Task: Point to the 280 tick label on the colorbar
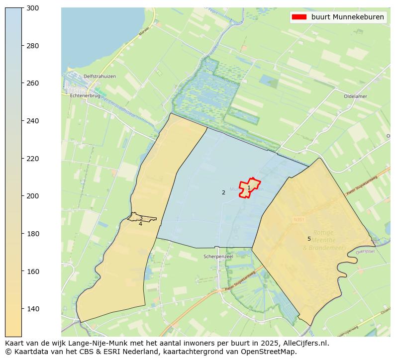click(x=32, y=46)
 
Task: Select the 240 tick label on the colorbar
click(x=32, y=121)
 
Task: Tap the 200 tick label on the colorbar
click(x=32, y=196)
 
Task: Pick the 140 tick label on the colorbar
click(x=32, y=309)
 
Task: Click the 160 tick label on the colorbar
click(x=32, y=271)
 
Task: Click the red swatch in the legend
click(x=299, y=17)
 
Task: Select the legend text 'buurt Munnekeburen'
click(x=347, y=17)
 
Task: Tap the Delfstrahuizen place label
click(x=99, y=76)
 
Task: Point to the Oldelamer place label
click(x=355, y=96)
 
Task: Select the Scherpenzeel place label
click(x=218, y=257)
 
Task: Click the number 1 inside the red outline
click(x=249, y=188)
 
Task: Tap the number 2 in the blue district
click(x=223, y=192)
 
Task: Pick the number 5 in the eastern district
click(x=309, y=239)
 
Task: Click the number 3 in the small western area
click(x=141, y=218)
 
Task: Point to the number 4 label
click(x=140, y=224)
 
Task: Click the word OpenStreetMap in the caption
click(x=272, y=352)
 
